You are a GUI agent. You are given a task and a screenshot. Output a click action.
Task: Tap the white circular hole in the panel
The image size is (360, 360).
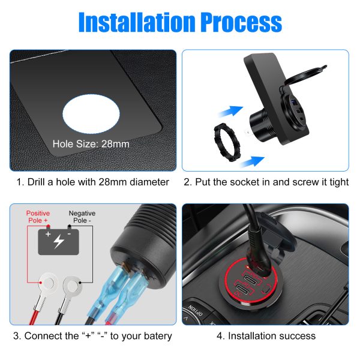[91, 113]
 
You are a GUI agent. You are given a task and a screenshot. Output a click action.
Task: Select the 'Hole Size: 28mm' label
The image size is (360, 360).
[91, 144]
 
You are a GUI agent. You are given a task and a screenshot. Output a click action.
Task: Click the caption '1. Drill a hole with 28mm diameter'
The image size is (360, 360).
[93, 182]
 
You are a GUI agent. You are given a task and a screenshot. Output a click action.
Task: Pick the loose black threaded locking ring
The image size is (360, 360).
[227, 142]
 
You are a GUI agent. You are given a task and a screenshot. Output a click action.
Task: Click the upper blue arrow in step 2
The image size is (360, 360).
[231, 112]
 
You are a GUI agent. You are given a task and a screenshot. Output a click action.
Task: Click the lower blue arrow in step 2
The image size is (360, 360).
[252, 161]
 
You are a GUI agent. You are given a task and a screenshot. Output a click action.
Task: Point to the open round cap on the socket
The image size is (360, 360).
[305, 75]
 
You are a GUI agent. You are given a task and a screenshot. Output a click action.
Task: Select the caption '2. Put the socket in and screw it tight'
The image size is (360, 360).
[266, 182]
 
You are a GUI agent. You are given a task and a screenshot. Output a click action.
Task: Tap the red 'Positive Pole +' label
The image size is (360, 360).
[38, 217]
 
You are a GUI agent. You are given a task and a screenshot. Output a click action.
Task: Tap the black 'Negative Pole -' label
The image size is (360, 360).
[82, 217]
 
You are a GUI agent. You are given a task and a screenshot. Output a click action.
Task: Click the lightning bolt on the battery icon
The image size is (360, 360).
[59, 241]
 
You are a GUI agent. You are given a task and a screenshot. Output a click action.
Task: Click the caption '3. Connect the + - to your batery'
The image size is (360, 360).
[92, 336]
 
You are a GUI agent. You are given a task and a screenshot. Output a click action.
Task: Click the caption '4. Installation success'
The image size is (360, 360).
[266, 336]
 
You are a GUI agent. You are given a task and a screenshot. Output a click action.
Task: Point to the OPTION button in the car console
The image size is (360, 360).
[195, 310]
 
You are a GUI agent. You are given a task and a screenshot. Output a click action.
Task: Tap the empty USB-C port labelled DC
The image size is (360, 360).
[244, 289]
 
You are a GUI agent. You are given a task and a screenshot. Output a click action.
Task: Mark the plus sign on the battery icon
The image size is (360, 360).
[48, 234]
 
